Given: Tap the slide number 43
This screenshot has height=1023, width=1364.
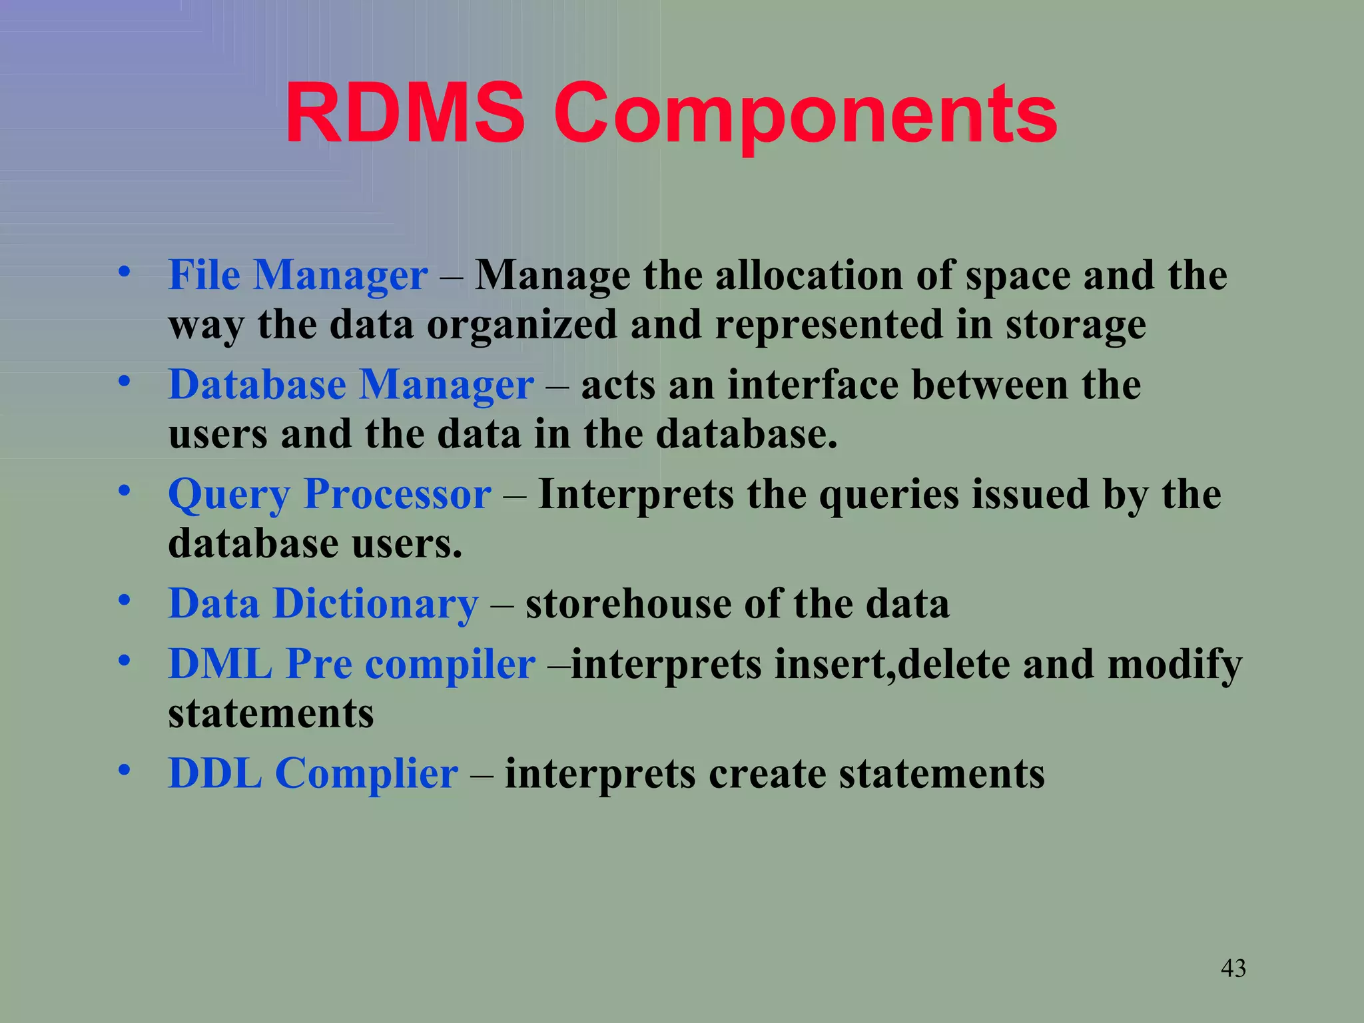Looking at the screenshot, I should tap(1233, 968).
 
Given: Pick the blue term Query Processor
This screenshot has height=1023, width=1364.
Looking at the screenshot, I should tap(330, 494).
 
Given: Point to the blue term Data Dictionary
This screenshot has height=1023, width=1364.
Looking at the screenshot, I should tap(323, 603).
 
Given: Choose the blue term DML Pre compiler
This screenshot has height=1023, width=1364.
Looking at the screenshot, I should tap(352, 664).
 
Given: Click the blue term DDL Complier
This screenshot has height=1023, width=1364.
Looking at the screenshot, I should tap(313, 773).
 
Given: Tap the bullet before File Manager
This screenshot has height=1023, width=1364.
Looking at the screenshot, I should tap(124, 272).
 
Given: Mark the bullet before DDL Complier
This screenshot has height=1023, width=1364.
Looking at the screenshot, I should tap(124, 771).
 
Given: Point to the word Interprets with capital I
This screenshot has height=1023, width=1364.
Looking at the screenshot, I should tap(635, 494).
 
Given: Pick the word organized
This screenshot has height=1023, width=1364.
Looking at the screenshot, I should tap(521, 325).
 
